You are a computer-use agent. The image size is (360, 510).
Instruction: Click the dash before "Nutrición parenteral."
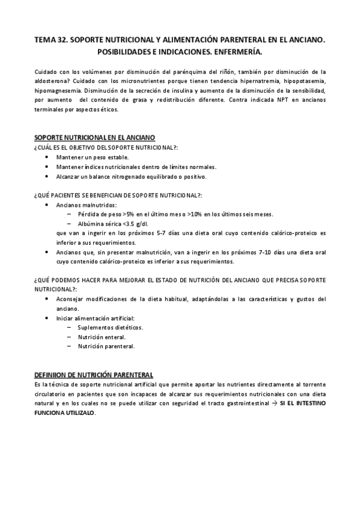tap(70, 346)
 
